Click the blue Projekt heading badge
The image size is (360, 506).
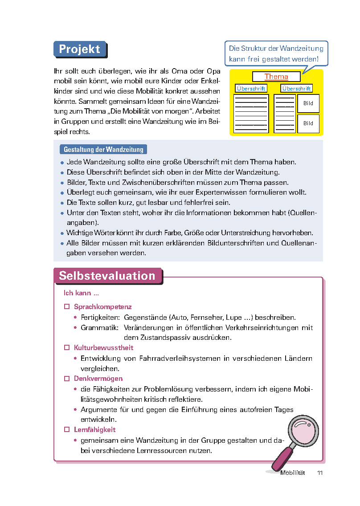(80, 49)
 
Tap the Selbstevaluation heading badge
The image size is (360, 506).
(107, 276)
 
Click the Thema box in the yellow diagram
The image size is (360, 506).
(276, 77)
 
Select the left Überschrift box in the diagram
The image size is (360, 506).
(251, 89)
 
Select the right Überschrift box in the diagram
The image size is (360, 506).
(297, 89)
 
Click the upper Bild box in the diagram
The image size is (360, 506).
(308, 103)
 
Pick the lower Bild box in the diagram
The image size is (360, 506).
(308, 123)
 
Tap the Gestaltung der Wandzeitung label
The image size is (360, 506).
(103, 150)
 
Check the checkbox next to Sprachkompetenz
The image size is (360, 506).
(67, 307)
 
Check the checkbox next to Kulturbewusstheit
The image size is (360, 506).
(67, 347)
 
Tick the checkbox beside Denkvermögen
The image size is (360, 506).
(67, 379)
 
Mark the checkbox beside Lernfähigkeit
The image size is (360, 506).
(67, 430)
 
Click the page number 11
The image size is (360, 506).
(319, 473)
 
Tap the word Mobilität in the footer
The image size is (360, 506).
(293, 473)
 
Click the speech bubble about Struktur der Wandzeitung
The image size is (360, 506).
(276, 53)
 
